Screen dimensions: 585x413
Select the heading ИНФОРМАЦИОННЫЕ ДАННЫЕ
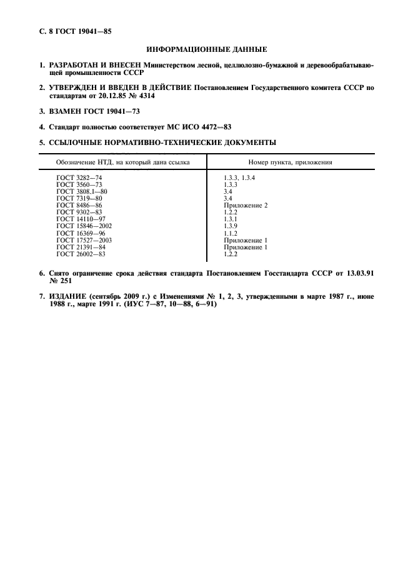[206, 49]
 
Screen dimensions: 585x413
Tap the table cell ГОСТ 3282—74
[79, 178]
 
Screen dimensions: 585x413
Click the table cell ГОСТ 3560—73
[79, 185]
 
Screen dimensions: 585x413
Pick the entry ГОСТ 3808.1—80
[82, 192]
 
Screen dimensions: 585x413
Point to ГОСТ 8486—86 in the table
[79, 206]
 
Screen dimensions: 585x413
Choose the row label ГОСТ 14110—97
[81, 219]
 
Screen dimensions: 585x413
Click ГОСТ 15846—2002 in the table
[84, 226]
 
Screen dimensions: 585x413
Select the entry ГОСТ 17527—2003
[84, 240]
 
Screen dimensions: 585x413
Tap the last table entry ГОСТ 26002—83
[81, 254]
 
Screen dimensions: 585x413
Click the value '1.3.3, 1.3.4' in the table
[240, 178]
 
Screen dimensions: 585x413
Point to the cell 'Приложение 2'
[246, 206]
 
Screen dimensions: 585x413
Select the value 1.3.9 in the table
[231, 226]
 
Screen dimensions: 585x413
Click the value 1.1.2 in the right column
[231, 233]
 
